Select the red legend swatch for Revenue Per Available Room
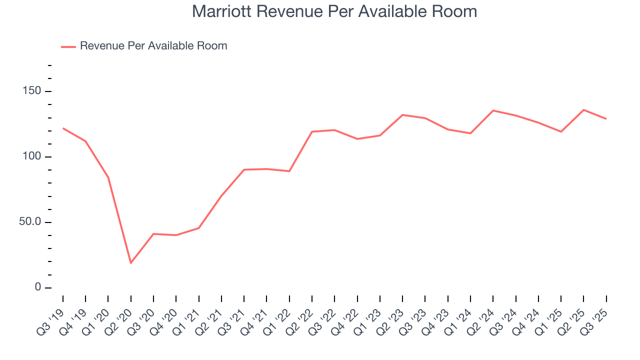68,46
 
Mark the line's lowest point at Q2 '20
131,263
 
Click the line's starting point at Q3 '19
63,128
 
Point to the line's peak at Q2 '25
584,110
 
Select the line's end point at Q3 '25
606,119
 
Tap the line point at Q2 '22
312,131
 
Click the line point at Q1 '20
108,177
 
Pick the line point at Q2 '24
493,110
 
